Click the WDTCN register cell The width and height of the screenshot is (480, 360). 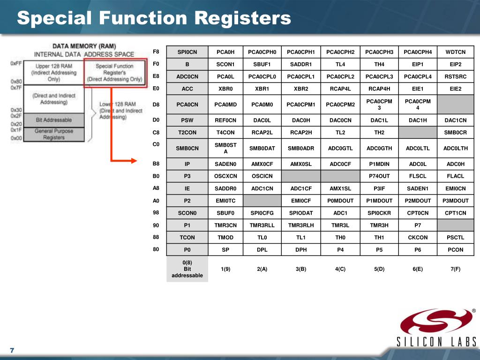[455, 52]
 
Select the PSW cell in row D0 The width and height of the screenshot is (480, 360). [187, 120]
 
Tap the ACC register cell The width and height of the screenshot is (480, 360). [187, 89]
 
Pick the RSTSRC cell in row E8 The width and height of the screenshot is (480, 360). [455, 76]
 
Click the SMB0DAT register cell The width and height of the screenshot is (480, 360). [262, 149]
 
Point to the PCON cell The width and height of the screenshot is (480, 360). [455, 250]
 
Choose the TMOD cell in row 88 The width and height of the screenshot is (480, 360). [225, 238]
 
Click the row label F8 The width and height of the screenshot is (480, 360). [156, 51]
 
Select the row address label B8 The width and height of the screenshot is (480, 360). [156, 164]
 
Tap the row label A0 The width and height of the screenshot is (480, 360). [156, 201]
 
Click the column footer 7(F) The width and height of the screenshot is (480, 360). [455, 269]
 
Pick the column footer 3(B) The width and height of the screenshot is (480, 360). [301, 269]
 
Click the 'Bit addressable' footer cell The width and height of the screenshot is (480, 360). [187, 269]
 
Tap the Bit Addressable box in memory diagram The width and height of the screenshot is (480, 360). [54, 120]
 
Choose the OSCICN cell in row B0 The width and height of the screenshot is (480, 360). [262, 176]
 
